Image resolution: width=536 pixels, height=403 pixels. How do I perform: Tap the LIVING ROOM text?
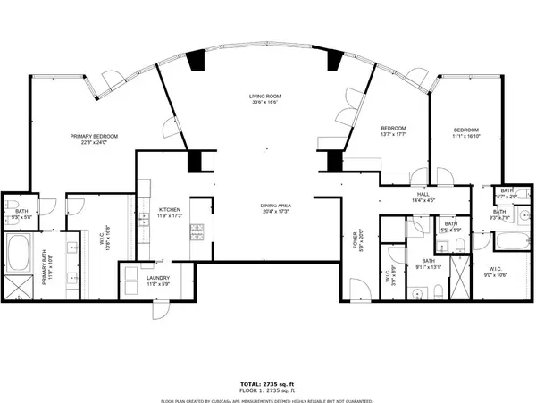click(x=265, y=96)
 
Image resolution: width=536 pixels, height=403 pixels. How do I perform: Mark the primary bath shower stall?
click(x=17, y=283)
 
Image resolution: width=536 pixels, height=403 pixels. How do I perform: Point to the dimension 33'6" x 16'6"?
click(x=265, y=103)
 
